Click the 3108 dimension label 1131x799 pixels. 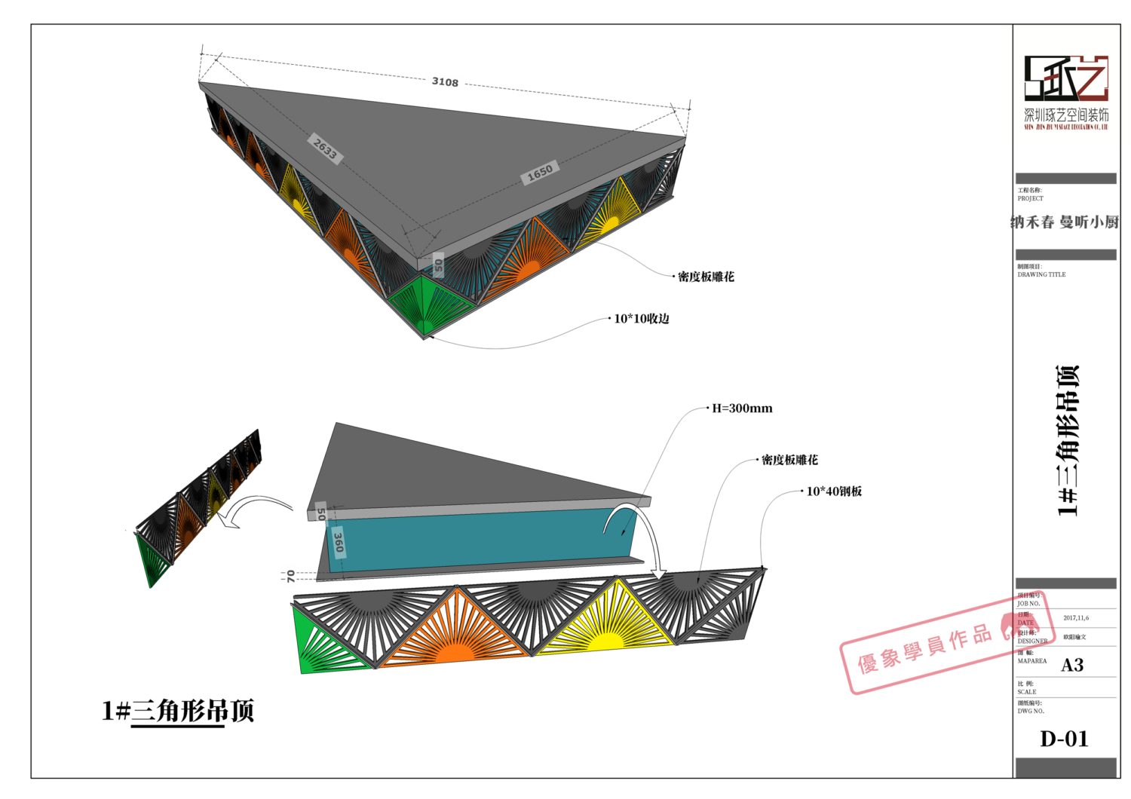point(445,81)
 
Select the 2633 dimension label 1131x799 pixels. point(326,148)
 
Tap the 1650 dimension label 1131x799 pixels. point(540,173)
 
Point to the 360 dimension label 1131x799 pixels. point(339,542)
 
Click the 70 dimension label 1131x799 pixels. point(291,577)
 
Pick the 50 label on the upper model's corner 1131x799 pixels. point(439,265)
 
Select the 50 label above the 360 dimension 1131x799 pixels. point(321,515)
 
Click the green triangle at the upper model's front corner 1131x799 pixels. point(426,302)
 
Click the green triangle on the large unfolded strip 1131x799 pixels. point(317,644)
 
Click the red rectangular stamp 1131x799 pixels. point(946,642)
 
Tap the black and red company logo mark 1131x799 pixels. point(1065,78)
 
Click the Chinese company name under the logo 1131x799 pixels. point(1066,115)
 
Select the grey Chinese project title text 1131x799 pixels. point(1064,222)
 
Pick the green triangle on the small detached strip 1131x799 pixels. point(153,562)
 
